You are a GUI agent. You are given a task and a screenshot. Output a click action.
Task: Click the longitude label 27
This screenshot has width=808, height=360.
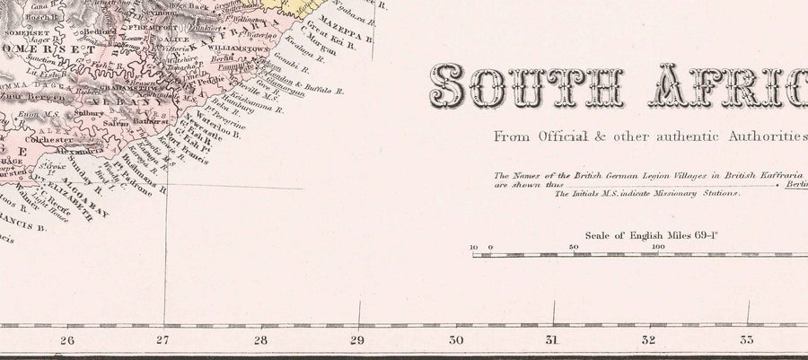(x=162, y=341)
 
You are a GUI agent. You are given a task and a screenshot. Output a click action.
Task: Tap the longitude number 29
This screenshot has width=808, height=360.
(x=356, y=341)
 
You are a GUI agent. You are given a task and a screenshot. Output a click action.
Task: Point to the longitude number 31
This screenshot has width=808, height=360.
(x=552, y=341)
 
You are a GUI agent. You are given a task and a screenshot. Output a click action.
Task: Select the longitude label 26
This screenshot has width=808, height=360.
(x=65, y=341)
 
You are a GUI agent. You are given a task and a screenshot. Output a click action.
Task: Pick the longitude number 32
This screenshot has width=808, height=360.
(x=649, y=341)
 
